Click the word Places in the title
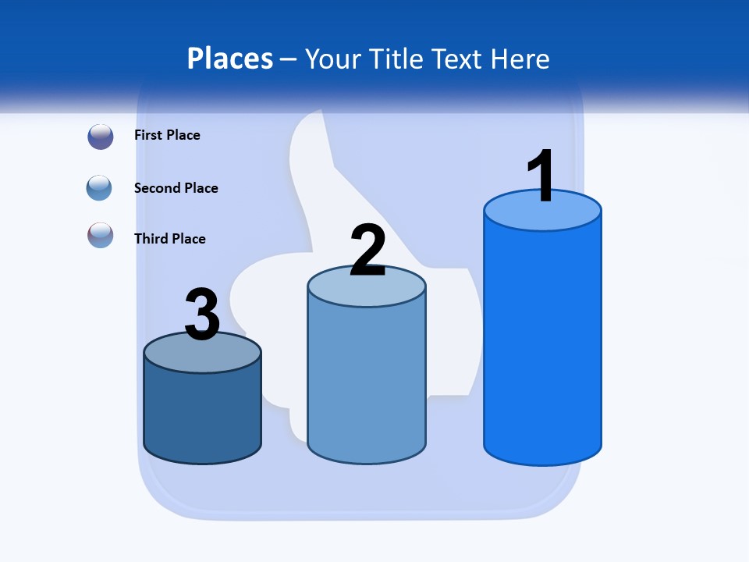pos(230,59)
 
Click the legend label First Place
pos(167,135)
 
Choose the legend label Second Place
pos(176,188)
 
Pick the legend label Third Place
pos(169,239)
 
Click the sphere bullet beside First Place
pos(101,137)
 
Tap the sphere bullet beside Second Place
pos(100,188)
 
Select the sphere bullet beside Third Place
pos(101,235)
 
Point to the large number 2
pos(368,251)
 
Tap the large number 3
pos(202,315)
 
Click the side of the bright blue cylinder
pos(542,343)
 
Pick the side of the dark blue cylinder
pos(202,414)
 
